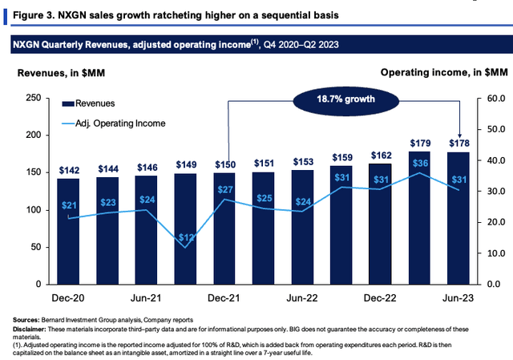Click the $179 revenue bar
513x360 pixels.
coord(419,217)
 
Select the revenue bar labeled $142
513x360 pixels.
coord(68,232)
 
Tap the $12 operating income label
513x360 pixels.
coord(186,237)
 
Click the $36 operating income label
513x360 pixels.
coord(420,163)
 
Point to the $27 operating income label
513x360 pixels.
coord(225,189)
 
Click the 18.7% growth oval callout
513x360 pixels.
coord(345,99)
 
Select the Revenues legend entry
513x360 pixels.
coord(88,103)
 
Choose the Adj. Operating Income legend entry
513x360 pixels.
coord(114,123)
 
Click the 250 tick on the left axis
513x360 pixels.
coord(34,98)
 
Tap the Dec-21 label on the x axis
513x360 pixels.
coord(224,297)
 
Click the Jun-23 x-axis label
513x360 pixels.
coord(458,297)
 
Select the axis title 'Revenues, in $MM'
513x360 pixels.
coord(61,73)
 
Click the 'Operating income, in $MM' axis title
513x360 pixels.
coord(444,72)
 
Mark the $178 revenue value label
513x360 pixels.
coord(459,143)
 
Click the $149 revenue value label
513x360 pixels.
coord(186,164)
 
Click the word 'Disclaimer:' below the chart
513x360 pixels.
coord(29,330)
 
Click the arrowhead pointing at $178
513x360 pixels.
coord(459,136)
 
